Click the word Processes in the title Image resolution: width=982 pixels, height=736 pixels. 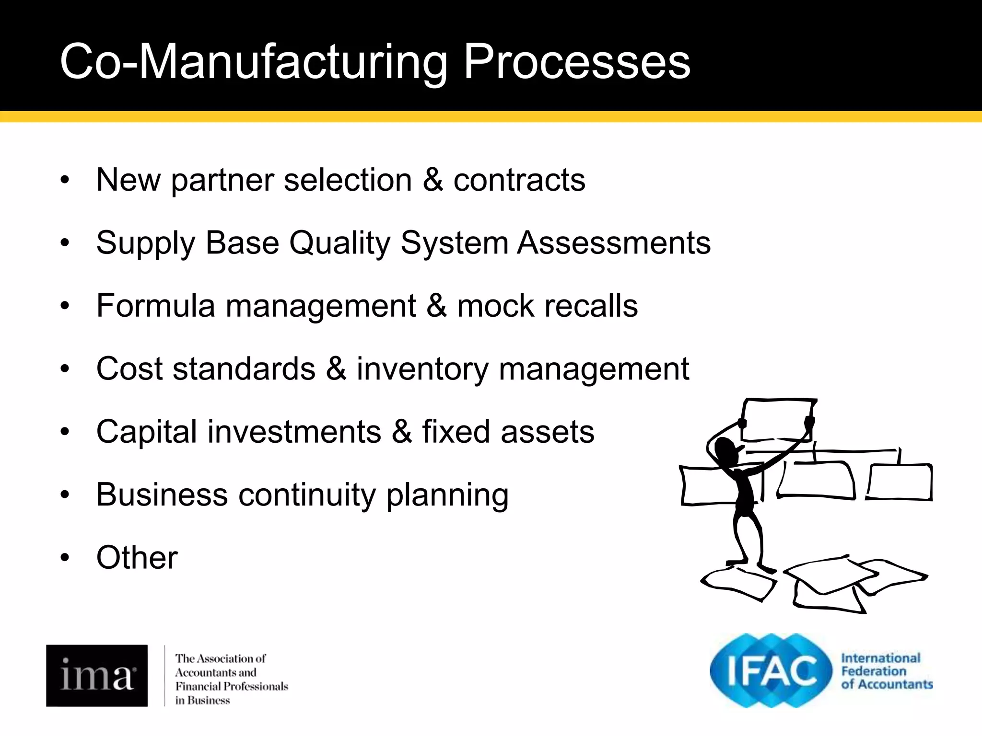576,62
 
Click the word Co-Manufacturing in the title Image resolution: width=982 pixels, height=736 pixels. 254,62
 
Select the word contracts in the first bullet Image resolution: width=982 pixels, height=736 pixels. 519,180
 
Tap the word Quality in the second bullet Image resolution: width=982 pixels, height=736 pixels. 340,243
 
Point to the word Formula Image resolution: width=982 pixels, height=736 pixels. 155,306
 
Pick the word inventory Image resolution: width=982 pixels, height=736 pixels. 422,369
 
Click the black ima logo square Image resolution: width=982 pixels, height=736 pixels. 97,676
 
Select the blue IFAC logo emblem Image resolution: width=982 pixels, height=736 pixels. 771,671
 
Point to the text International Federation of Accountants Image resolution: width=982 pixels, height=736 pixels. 886,671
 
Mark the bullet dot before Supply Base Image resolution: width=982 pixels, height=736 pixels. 65,243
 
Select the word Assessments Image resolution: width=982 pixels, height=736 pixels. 614,243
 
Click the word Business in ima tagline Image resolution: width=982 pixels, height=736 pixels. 209,701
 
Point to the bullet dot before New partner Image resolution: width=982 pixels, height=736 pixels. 65,180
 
